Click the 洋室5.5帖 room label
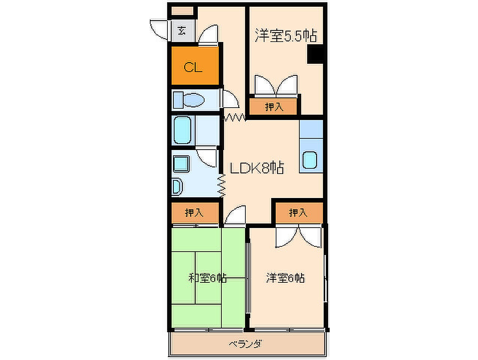[x=286, y=35]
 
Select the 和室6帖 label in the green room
[x=207, y=278]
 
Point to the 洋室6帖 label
[x=285, y=278]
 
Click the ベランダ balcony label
[x=245, y=344]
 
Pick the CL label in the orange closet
[x=193, y=67]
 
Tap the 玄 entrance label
[x=182, y=31]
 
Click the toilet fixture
[x=188, y=100]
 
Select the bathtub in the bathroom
[x=182, y=130]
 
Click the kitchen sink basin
[x=310, y=160]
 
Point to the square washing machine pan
[x=181, y=164]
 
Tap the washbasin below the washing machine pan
[x=177, y=187]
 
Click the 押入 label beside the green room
[x=194, y=213]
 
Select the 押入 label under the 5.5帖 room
[x=274, y=107]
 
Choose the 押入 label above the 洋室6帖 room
[x=298, y=213]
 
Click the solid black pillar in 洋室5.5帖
[x=315, y=54]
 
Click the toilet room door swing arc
[x=230, y=99]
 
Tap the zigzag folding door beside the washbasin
[x=221, y=186]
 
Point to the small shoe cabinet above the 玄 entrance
[x=182, y=11]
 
